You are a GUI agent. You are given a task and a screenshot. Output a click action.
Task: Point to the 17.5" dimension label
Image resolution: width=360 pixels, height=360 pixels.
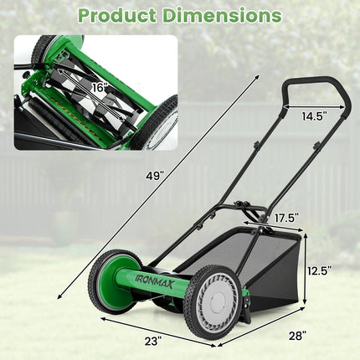tap(285, 218)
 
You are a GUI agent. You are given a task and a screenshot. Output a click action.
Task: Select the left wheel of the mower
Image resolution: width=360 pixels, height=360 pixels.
tap(111, 280)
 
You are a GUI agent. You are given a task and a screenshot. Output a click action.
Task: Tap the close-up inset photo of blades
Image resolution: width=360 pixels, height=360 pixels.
tap(95, 92)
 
